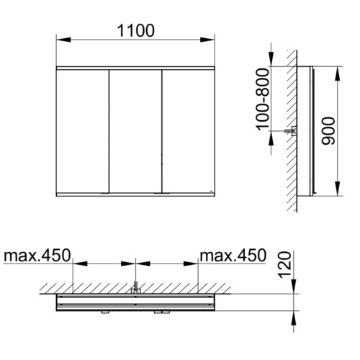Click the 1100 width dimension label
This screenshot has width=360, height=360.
tap(136, 31)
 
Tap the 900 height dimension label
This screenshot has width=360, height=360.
tap(328, 131)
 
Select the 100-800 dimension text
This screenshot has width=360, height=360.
tap(262, 99)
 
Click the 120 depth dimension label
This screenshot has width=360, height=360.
tap(284, 265)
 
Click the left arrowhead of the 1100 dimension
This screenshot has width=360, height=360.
tap(63, 40)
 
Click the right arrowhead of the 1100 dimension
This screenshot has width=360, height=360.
tap(207, 40)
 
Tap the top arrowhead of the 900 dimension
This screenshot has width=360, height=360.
tap(338, 73)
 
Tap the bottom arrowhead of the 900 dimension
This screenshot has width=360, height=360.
tap(338, 189)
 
